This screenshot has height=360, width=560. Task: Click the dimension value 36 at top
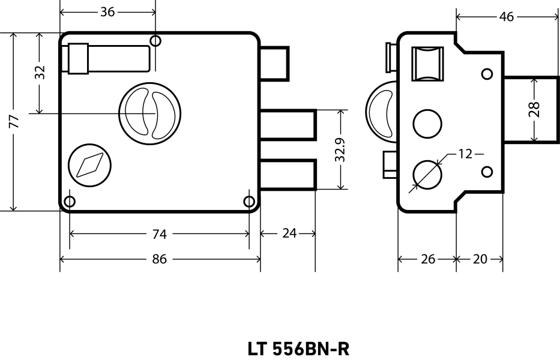coord(107,12)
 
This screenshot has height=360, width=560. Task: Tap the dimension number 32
coord(40,73)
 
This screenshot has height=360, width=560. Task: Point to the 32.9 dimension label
coord(340,149)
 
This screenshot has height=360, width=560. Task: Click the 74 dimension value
coord(160,234)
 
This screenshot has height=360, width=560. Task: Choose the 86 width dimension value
coord(160,259)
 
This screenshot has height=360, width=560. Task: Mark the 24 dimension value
coord(289,234)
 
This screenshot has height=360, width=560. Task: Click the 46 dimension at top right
coord(507,17)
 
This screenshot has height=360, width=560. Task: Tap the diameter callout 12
coord(465,154)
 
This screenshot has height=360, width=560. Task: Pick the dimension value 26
coord(427,259)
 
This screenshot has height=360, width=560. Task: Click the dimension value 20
coord(480,259)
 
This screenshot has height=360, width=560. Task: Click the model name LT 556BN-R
coord(298,349)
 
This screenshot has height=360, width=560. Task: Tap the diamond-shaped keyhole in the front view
coord(91,164)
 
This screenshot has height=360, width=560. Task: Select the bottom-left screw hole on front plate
coord(70,202)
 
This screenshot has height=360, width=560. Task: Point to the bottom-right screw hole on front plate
coord(249,202)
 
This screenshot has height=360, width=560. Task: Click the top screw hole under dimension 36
coord(155,41)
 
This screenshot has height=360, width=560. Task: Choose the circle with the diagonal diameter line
coord(427,173)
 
